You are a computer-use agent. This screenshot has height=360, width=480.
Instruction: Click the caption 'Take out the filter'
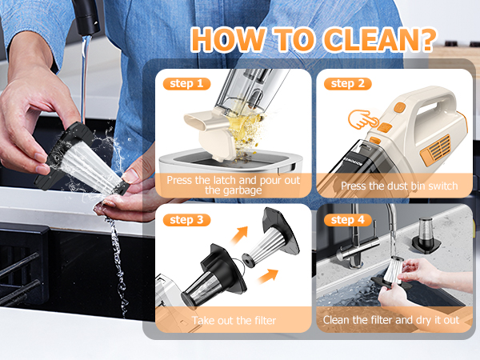tap(234, 321)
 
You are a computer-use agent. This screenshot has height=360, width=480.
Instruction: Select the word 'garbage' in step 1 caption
tap(234, 191)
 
